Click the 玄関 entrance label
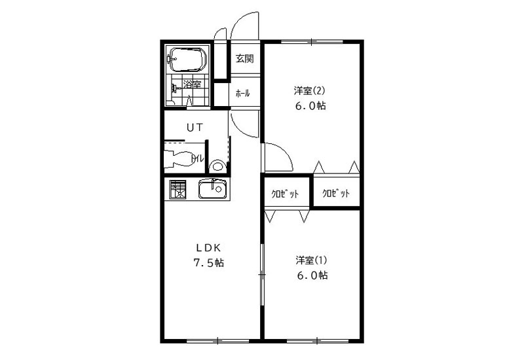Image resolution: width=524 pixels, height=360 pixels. point(244,58)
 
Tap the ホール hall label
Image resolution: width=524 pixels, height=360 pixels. point(242,94)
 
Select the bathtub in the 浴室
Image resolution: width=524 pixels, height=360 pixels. point(187,60)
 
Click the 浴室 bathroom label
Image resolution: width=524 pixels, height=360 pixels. point(193,84)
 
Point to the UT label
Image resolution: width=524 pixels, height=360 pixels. point(195,127)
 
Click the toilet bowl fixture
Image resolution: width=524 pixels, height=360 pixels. point(178,159)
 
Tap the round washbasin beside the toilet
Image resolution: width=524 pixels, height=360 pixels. point(217,166)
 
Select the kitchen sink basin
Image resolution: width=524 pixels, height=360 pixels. point(212,189)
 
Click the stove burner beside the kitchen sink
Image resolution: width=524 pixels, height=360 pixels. point(178,189)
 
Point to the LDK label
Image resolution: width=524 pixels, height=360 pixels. point(208,248)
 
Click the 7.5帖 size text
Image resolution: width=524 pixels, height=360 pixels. point(208,263)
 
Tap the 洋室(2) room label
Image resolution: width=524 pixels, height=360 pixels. point(309,90)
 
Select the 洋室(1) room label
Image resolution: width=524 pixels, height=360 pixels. point(311,260)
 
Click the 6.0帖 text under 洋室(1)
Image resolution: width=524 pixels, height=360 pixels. point(312,276)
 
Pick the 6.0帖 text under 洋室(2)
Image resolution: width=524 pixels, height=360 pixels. point(310,106)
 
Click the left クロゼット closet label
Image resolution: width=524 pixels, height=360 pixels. point(285,194)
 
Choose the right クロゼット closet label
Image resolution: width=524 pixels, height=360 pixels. point(336,193)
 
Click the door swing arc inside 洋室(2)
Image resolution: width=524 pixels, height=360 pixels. point(284,151)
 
